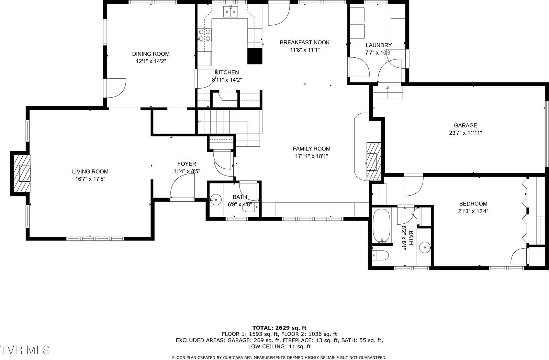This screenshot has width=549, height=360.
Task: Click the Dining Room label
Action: point(151,54)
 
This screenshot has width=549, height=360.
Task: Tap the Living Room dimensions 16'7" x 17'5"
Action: point(90,179)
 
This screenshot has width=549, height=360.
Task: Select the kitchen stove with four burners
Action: point(205,35)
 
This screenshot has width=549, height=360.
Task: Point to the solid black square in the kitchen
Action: point(255,56)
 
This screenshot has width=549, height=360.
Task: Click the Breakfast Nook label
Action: point(304,43)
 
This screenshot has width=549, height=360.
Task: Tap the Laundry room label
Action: point(378,45)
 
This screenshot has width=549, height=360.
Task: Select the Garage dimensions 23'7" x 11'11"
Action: point(465,133)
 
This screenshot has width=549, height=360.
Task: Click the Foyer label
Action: point(187,164)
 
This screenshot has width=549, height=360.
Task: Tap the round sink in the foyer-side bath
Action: point(216,199)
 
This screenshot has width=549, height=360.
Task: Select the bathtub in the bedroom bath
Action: point(382,226)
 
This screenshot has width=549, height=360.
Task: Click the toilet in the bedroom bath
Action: point(381,256)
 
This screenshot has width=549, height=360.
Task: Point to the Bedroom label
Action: point(473,204)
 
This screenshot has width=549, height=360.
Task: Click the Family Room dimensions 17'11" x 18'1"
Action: point(311,156)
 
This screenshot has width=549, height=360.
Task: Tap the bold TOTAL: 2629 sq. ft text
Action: point(279,328)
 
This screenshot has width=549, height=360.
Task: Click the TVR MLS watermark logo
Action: point(25,350)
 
